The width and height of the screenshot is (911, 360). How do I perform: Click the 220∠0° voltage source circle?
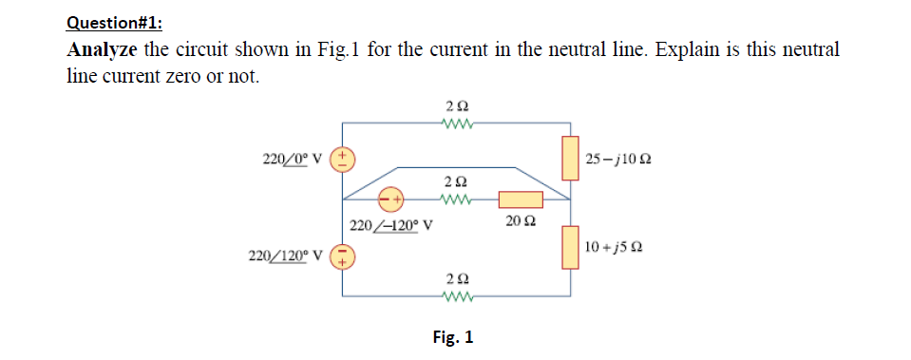(x=342, y=158)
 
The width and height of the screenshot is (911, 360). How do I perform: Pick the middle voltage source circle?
(x=390, y=199)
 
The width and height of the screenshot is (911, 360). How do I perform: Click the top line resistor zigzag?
(x=456, y=122)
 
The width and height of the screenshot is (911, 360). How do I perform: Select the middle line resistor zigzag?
(x=456, y=199)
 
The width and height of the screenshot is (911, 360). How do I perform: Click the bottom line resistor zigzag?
(x=456, y=295)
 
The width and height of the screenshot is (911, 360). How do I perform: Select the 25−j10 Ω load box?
(x=570, y=158)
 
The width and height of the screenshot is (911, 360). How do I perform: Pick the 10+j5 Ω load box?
(x=570, y=248)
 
